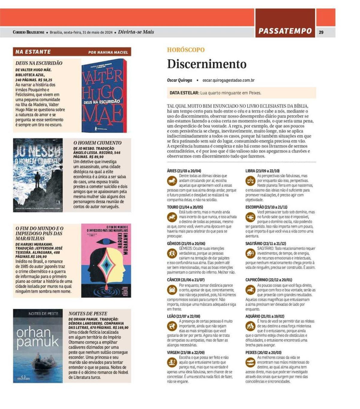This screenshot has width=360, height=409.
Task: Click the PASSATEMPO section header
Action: pyautogui.click(x=285, y=31)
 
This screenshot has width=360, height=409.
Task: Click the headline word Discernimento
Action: pyautogui.click(x=207, y=64)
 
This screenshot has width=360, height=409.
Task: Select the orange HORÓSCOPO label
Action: pyautogui.click(x=186, y=50)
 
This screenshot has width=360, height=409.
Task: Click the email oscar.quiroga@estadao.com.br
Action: pyautogui.click(x=229, y=80)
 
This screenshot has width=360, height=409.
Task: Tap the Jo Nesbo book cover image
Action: pyautogui.click(x=38, y=175)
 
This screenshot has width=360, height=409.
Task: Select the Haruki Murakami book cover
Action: pyautogui.click(x=106, y=260)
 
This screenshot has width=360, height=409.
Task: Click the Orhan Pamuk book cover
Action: pyautogui.click(x=38, y=346)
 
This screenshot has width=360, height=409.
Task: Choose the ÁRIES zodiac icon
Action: pyautogui.click(x=172, y=181)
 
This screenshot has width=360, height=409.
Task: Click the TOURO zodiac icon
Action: pyautogui.click(x=172, y=216)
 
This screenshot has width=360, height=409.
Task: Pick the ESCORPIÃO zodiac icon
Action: pyautogui.click(x=250, y=216)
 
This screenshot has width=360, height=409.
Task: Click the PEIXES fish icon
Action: pyautogui.click(x=250, y=363)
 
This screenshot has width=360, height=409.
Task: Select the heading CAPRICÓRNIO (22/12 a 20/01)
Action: pyautogui.click(x=268, y=280)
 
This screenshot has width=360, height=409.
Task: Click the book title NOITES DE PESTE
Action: pyautogui.click(x=88, y=314)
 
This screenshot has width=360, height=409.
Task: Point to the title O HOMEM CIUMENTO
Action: pyautogui.click(x=97, y=143)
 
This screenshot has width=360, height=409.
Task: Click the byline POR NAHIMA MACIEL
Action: pyautogui.click(x=108, y=52)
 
